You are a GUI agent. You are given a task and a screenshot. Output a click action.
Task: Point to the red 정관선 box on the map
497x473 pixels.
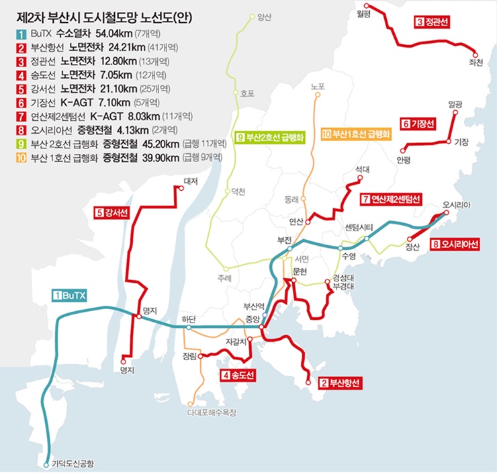coord(433,23)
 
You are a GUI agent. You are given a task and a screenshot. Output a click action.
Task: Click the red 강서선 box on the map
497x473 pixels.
coord(109,213)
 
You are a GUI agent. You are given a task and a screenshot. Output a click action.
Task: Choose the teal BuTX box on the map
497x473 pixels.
coord(70,294)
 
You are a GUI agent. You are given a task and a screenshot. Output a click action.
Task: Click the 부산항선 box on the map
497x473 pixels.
coord(341,383)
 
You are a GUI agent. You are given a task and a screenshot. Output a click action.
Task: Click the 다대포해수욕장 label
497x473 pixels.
coord(213,413)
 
